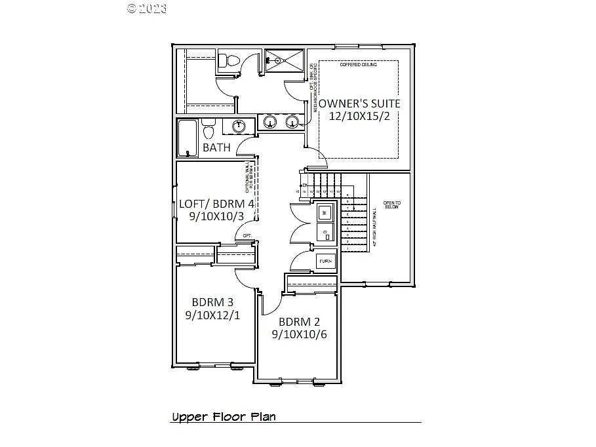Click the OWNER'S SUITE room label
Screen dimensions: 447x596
[x=359, y=104]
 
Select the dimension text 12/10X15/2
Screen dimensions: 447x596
[x=359, y=117]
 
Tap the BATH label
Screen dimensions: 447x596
[x=216, y=147]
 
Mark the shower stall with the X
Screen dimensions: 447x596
[x=285, y=61]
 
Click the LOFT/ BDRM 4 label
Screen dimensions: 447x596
[x=216, y=203]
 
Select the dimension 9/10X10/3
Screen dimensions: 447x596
[x=216, y=216]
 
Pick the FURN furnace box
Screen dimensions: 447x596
[x=326, y=261]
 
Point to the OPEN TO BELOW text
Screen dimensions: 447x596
[x=392, y=205]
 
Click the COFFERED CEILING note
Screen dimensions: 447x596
[x=358, y=65]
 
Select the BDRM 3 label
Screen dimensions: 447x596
[x=212, y=302]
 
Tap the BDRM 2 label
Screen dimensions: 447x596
[x=299, y=322]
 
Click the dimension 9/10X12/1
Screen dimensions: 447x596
[x=212, y=315]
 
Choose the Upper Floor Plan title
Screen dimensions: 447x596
[x=224, y=417]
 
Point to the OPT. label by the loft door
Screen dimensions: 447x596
[x=247, y=235]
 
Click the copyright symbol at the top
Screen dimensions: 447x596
[x=132, y=9]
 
